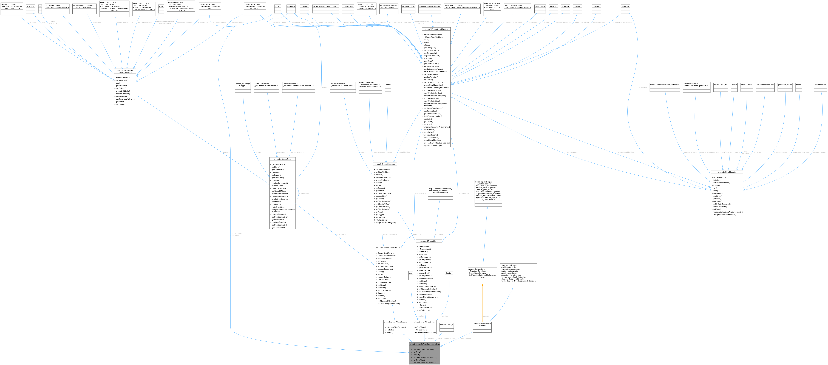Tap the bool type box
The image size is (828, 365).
[x=410, y=273]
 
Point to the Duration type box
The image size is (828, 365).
[x=449, y=273]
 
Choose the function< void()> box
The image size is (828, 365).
[x=446, y=324]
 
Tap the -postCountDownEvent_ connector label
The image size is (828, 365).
[x=446, y=338]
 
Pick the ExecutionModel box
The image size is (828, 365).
[x=820, y=85]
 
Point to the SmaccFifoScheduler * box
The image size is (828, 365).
[x=765, y=85]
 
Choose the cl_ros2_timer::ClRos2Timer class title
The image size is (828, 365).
[x=424, y=322]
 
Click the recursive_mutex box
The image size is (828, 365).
[x=408, y=6]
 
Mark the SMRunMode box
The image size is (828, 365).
[x=540, y=6]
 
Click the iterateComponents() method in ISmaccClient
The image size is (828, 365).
[x=426, y=278]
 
